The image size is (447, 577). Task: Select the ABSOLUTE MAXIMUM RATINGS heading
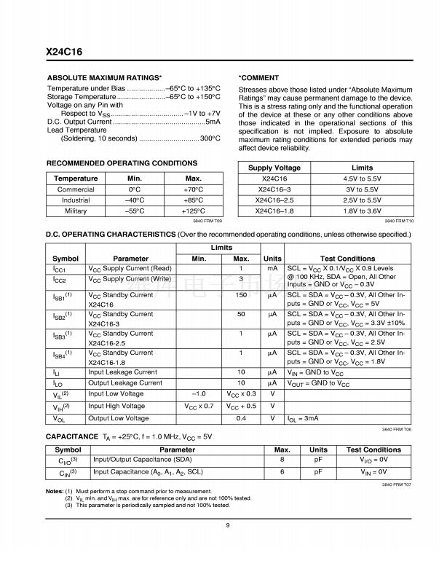click(104, 77)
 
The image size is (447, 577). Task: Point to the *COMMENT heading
click(258, 77)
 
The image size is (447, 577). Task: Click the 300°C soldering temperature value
click(210, 138)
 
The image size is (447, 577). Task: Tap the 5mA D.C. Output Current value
click(213, 121)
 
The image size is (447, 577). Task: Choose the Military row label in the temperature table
click(76, 211)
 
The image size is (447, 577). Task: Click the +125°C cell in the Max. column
click(193, 211)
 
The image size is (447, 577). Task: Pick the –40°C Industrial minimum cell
click(134, 200)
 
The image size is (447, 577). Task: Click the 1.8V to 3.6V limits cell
click(362, 211)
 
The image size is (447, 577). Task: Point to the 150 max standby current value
click(240, 296)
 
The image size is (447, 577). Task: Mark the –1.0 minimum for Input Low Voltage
click(199, 393)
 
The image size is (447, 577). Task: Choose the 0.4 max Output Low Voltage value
click(240, 418)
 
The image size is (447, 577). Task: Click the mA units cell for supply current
click(272, 269)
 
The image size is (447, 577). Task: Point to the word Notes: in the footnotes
click(55, 492)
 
